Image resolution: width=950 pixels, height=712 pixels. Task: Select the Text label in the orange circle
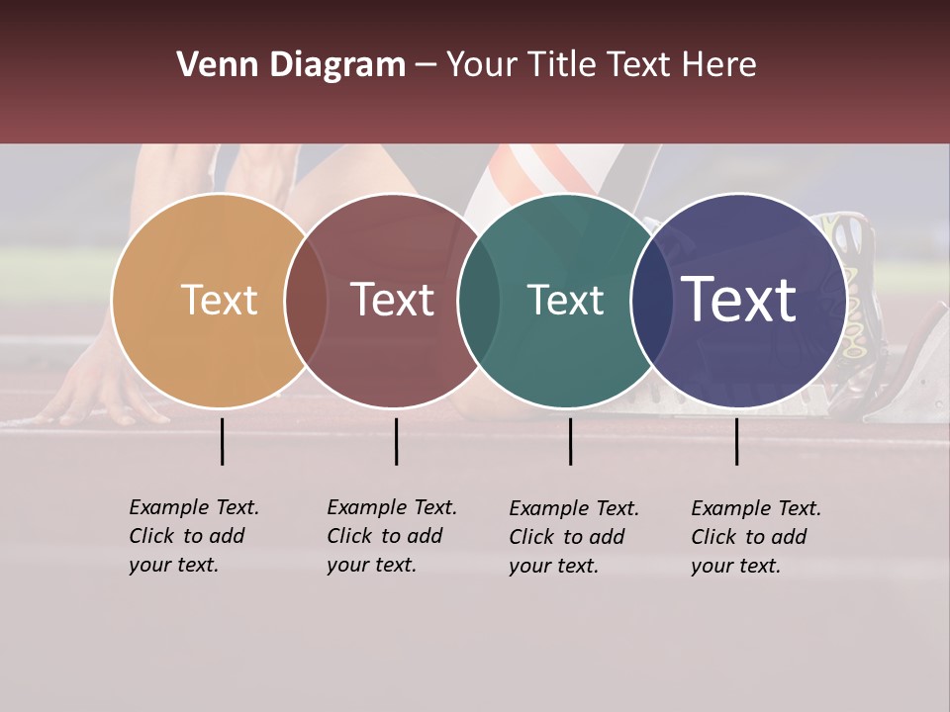tap(219, 300)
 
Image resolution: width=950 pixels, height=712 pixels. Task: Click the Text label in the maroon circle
tap(392, 300)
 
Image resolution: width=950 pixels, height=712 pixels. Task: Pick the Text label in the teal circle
tap(565, 300)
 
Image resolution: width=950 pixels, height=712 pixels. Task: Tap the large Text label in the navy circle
tap(738, 300)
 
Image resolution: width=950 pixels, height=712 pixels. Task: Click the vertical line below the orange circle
tap(222, 441)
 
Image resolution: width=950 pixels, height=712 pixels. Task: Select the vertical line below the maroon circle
tap(396, 441)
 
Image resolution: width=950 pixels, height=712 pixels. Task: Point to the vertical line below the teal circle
tap(570, 441)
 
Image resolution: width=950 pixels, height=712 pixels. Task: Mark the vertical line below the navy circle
tap(736, 441)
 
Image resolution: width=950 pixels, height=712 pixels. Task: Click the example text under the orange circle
tap(193, 536)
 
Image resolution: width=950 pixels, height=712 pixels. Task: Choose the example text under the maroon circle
tap(391, 536)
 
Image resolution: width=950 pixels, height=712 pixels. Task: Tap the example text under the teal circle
tap(573, 537)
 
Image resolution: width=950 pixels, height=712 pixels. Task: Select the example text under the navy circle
tap(755, 537)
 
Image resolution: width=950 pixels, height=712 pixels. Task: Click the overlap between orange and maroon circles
tap(306, 301)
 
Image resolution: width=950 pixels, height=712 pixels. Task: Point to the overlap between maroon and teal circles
tap(478, 301)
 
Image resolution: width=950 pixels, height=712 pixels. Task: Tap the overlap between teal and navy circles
tap(648, 301)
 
